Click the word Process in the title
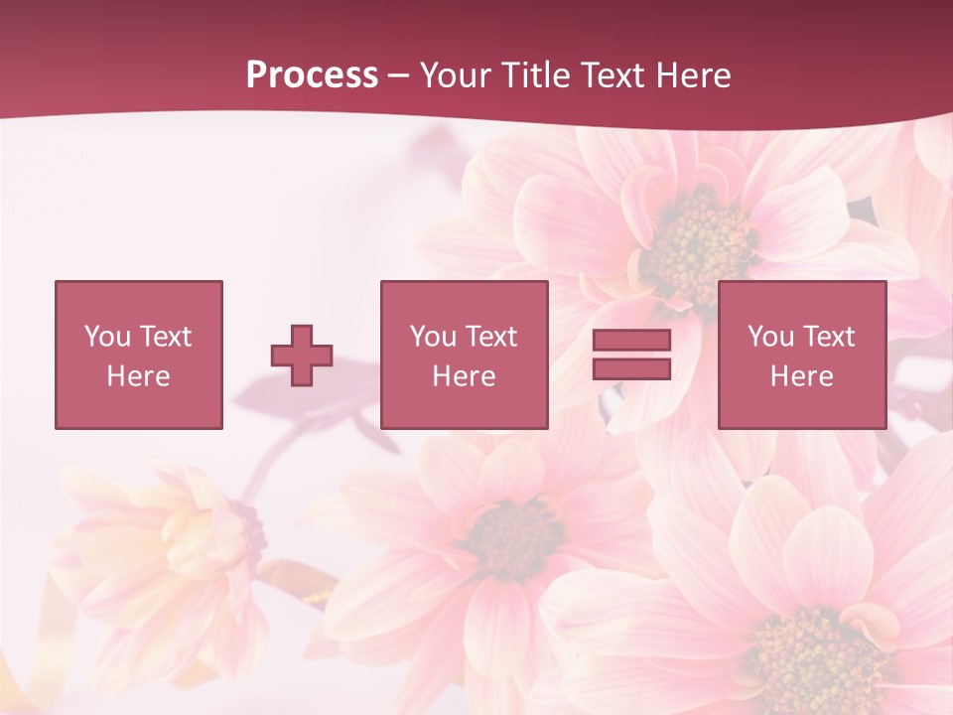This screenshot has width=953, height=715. click(312, 75)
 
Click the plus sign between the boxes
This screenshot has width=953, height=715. click(302, 356)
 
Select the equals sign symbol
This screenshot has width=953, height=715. click(631, 355)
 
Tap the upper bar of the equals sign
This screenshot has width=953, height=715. click(631, 341)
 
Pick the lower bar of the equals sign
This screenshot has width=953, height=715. click(631, 368)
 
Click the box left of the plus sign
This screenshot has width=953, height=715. click(138, 355)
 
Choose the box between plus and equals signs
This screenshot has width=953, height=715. click(464, 355)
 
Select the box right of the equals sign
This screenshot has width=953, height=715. click(801, 355)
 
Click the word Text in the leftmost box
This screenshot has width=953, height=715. click(165, 337)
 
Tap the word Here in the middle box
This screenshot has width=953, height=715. click(464, 376)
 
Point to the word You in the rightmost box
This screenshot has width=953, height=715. click(770, 337)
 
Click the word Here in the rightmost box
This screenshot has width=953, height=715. click(801, 376)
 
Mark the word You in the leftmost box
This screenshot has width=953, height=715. click(107, 337)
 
